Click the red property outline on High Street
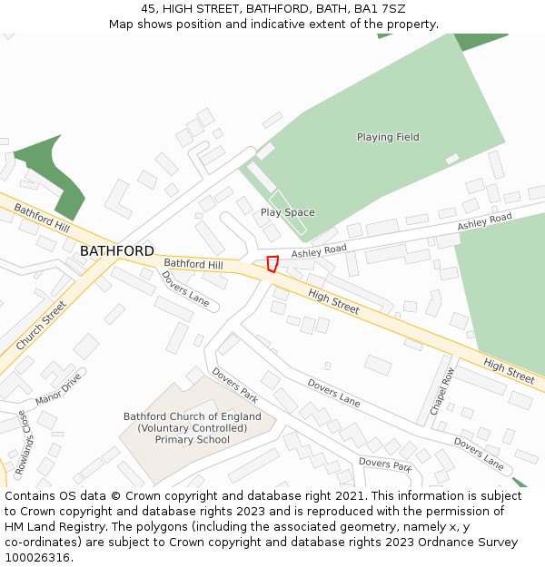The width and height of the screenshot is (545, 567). click(272, 264)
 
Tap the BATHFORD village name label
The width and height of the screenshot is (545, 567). click(116, 250)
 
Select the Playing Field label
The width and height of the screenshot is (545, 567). click(388, 137)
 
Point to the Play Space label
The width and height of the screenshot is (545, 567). click(288, 212)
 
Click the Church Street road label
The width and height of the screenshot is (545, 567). click(42, 326)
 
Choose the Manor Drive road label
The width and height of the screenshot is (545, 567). click(58, 388)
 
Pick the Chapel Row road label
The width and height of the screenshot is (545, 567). click(441, 391)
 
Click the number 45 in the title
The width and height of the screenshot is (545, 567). click(149, 8)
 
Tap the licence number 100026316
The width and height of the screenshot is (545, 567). click(39, 558)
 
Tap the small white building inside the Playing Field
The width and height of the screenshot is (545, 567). click(452, 159)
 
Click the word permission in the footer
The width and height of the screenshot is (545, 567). click(443, 512)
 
